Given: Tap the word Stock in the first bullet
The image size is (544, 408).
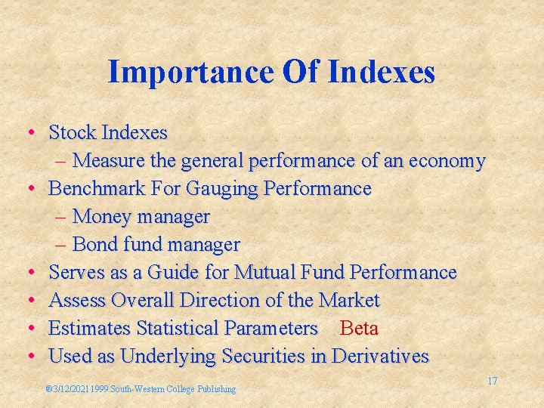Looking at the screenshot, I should coord(73,133).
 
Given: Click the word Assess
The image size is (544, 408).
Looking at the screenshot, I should coord(78,301).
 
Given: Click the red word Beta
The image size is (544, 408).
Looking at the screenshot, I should coord(359,329).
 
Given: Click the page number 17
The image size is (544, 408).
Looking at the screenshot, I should coord(492,381).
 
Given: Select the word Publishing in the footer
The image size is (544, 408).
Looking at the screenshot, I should coord(217,389).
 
